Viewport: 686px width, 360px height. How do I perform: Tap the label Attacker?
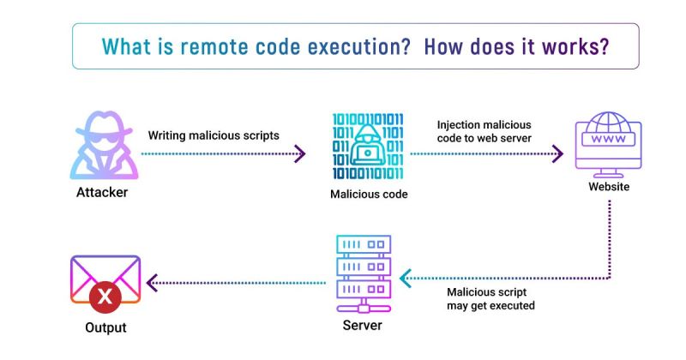coord(101,193)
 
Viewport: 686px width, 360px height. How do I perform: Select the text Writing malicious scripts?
coord(214,135)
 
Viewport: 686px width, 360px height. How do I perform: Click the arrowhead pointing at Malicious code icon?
coord(299,154)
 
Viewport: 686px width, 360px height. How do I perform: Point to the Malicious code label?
coord(369,195)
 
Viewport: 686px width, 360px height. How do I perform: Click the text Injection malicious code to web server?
coord(484,131)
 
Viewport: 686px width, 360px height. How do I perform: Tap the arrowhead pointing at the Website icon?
coord(558,154)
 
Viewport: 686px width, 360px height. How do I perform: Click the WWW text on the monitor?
coord(609,139)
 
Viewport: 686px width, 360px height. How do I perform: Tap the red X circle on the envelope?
coord(105,297)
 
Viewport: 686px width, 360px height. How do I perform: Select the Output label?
coord(105,328)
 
